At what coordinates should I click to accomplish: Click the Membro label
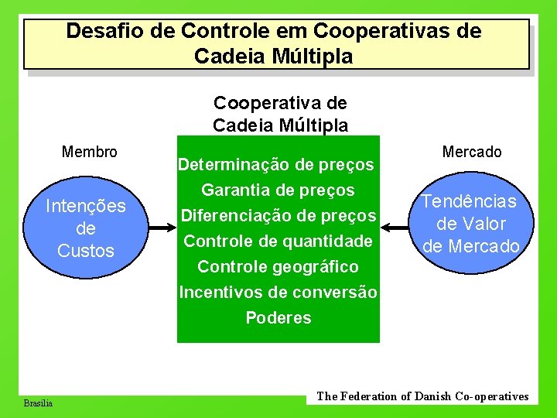[90, 152]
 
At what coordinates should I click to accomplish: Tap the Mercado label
[472, 152]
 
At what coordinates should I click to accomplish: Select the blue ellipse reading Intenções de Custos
[85, 228]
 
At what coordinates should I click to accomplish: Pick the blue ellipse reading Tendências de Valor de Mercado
[471, 224]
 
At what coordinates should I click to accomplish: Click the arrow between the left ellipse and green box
[162, 228]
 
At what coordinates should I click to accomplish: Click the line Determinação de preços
[277, 164]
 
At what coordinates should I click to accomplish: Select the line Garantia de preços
[278, 190]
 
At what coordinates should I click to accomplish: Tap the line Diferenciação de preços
[278, 215]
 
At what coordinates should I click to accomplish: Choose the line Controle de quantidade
[278, 241]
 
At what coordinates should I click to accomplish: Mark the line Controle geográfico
[278, 266]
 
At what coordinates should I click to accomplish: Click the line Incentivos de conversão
[278, 292]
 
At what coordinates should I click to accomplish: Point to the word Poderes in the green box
[278, 317]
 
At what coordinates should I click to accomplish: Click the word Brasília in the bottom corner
[38, 403]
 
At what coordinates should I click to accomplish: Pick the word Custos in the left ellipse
[85, 251]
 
